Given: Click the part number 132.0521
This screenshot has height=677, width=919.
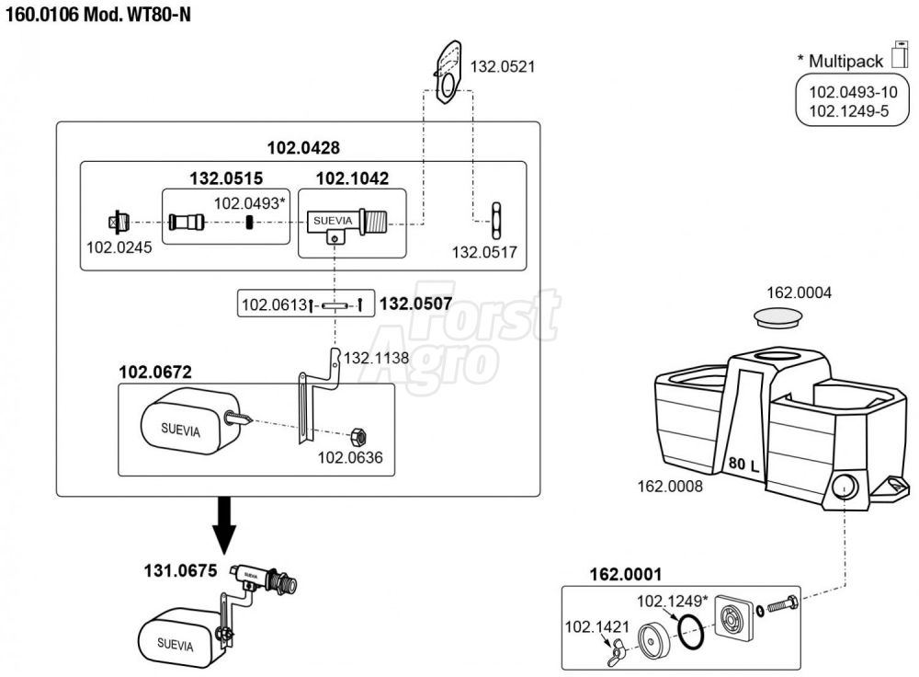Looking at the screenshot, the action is [503, 66].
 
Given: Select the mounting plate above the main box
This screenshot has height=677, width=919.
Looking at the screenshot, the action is [449, 72].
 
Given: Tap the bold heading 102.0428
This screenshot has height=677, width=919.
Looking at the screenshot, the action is [303, 148].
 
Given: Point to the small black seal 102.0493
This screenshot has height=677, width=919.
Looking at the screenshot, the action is [249, 223].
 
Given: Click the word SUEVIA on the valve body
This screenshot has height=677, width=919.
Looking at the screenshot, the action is [333, 221].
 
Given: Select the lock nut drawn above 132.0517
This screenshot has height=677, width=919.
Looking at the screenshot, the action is [496, 221].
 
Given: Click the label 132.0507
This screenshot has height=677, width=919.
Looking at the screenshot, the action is [416, 304].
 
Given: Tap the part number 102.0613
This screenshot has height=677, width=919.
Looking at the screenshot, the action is [274, 304].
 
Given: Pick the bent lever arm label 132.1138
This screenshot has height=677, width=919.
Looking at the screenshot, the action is [376, 358].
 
